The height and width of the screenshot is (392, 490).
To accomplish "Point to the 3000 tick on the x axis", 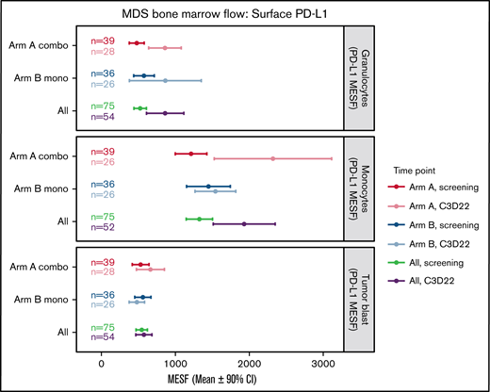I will [322, 359].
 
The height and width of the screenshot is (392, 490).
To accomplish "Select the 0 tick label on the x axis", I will [101, 359].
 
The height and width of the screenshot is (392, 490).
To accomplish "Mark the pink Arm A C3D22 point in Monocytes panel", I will [273, 158].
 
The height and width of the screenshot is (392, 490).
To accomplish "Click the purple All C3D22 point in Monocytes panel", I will [244, 223].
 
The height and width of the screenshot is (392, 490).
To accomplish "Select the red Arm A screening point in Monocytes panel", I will [191, 153].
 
